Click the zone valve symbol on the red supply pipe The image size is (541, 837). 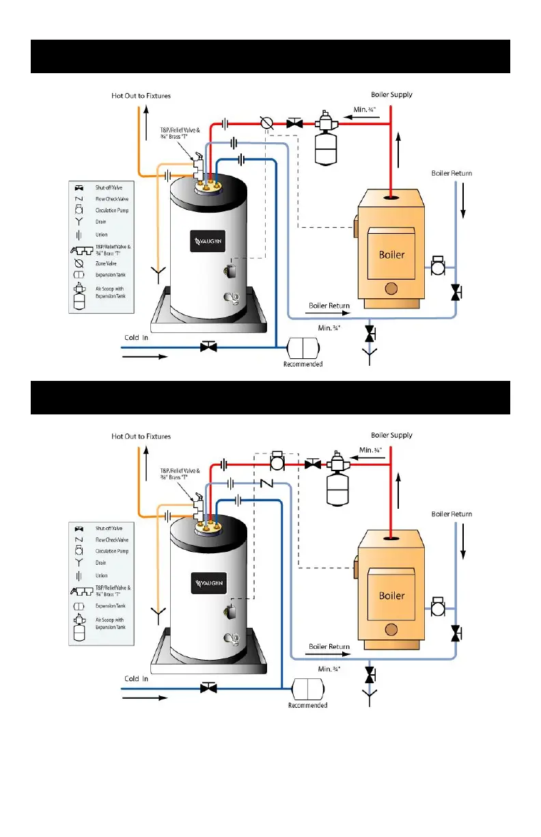pos(268,124)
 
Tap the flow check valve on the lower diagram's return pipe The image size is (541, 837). pos(267,483)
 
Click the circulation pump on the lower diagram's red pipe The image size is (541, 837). pos(278,462)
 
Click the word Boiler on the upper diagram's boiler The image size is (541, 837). pos(391,255)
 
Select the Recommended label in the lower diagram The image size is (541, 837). pos(307,705)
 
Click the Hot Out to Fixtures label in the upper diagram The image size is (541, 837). pos(141,96)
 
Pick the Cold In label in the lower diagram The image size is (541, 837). pos(136,678)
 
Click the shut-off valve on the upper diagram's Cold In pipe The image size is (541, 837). pos(208,347)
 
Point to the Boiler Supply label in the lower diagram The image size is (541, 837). pos(391,436)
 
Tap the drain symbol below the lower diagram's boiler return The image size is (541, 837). pos(370,697)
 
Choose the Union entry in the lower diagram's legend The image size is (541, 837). pos(102,575)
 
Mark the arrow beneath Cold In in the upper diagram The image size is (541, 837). pos(144,357)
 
